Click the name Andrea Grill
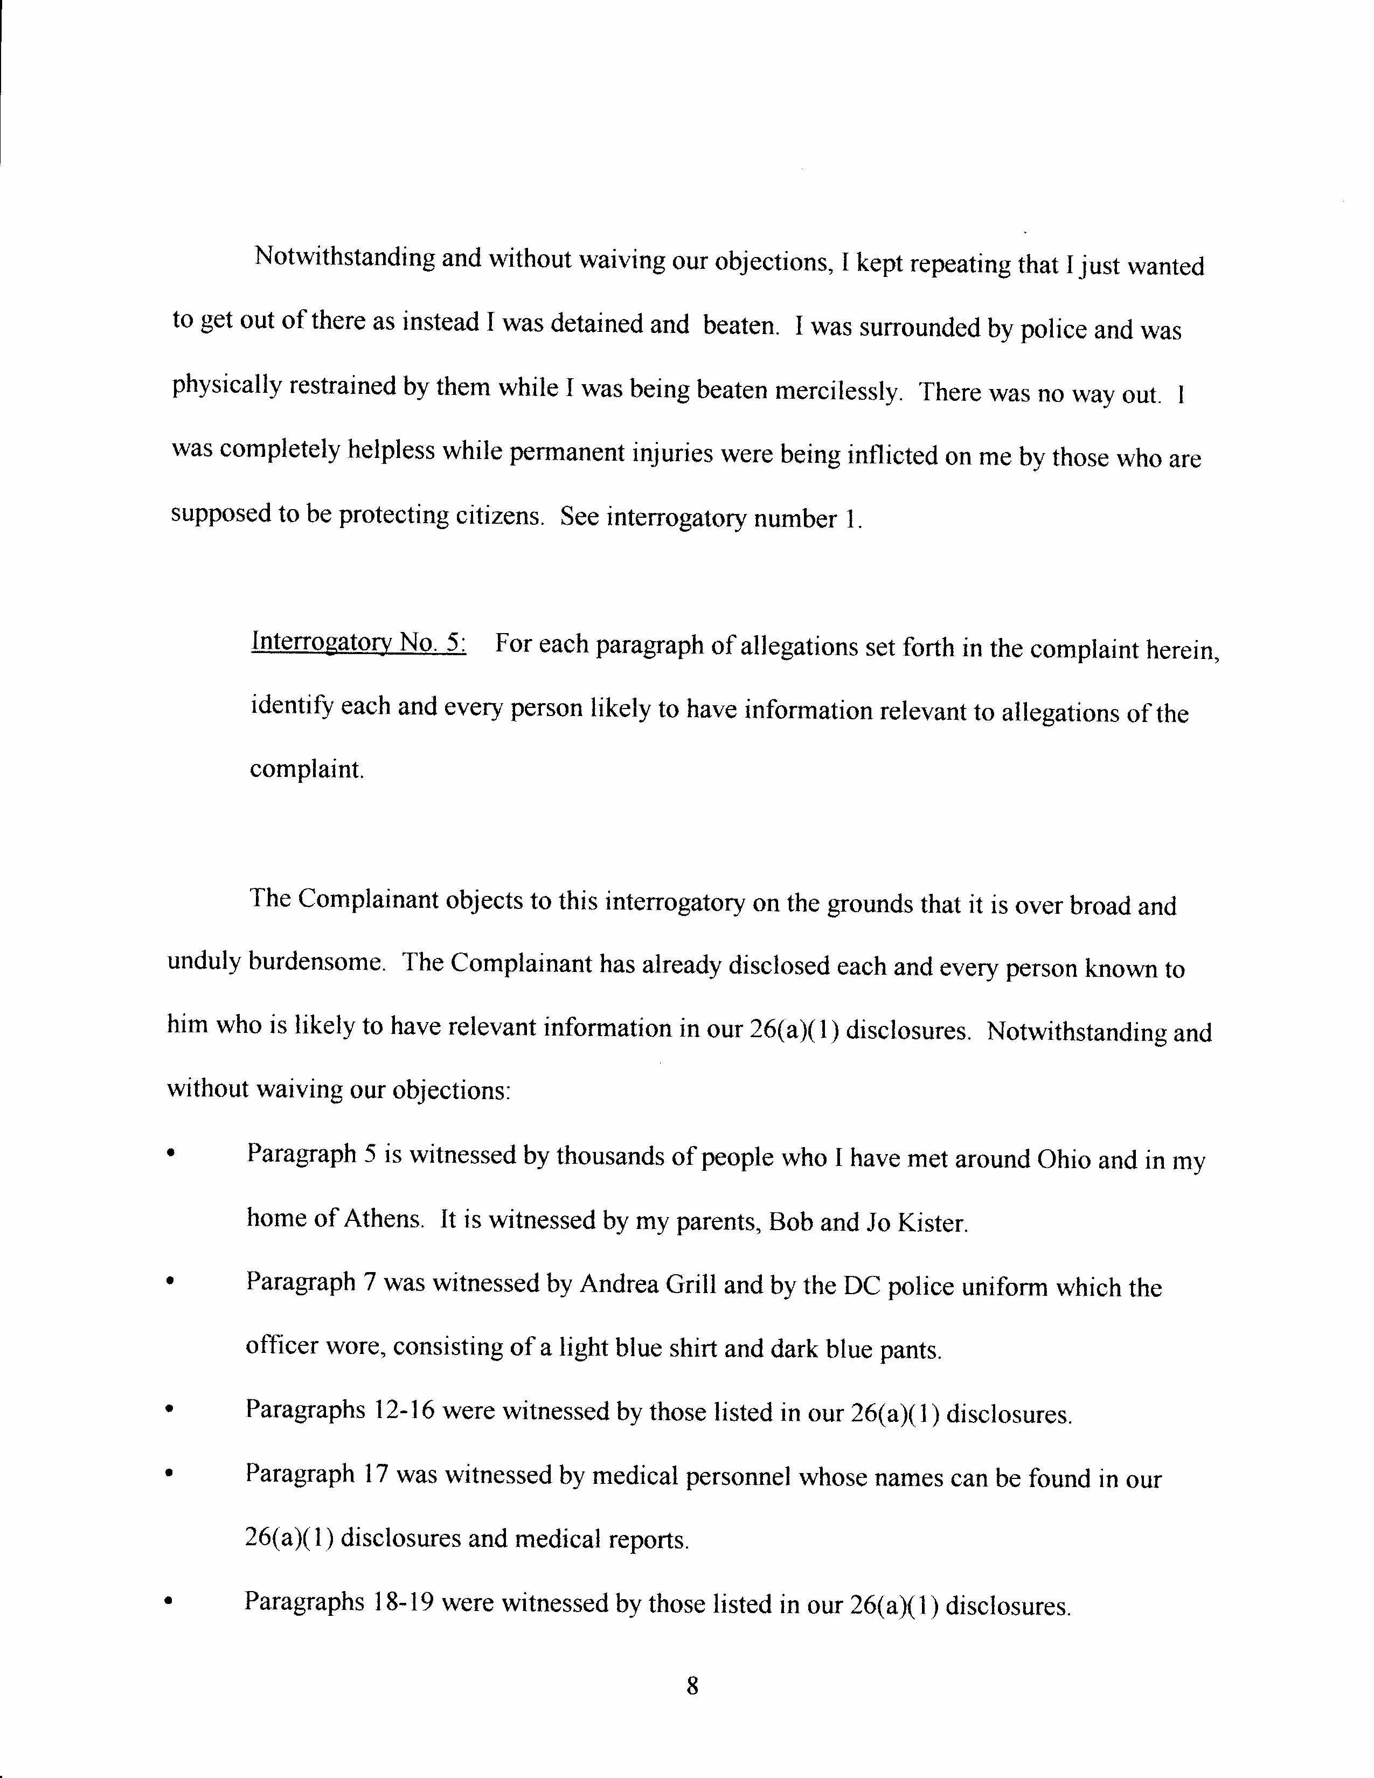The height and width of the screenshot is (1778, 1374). click(648, 1284)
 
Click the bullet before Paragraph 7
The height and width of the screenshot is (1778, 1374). click(169, 1281)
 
